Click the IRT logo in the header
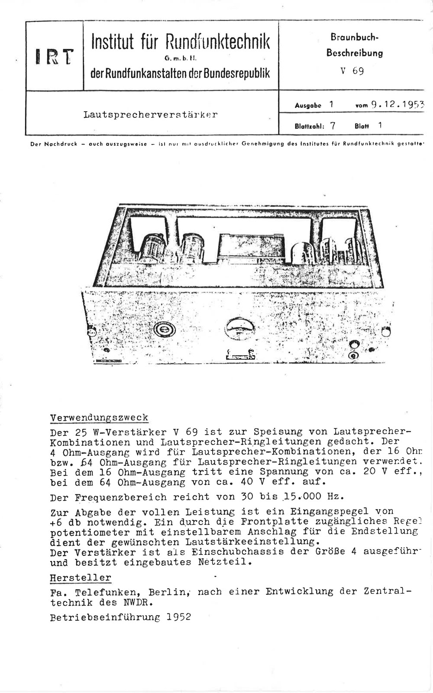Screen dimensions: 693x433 click(x=55, y=56)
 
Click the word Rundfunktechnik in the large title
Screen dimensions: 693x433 click(x=217, y=42)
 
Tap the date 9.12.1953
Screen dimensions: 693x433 click(x=395, y=104)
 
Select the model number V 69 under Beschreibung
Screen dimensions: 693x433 click(x=351, y=71)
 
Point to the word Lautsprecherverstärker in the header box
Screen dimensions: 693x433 click(x=150, y=115)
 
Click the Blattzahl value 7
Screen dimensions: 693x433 click(x=332, y=126)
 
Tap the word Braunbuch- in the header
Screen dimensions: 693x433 click(x=354, y=38)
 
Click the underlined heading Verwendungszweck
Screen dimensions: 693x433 click(x=99, y=418)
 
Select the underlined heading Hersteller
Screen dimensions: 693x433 click(x=81, y=578)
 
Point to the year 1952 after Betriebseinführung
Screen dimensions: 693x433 click(x=178, y=617)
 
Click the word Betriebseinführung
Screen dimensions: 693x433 click(x=105, y=617)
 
